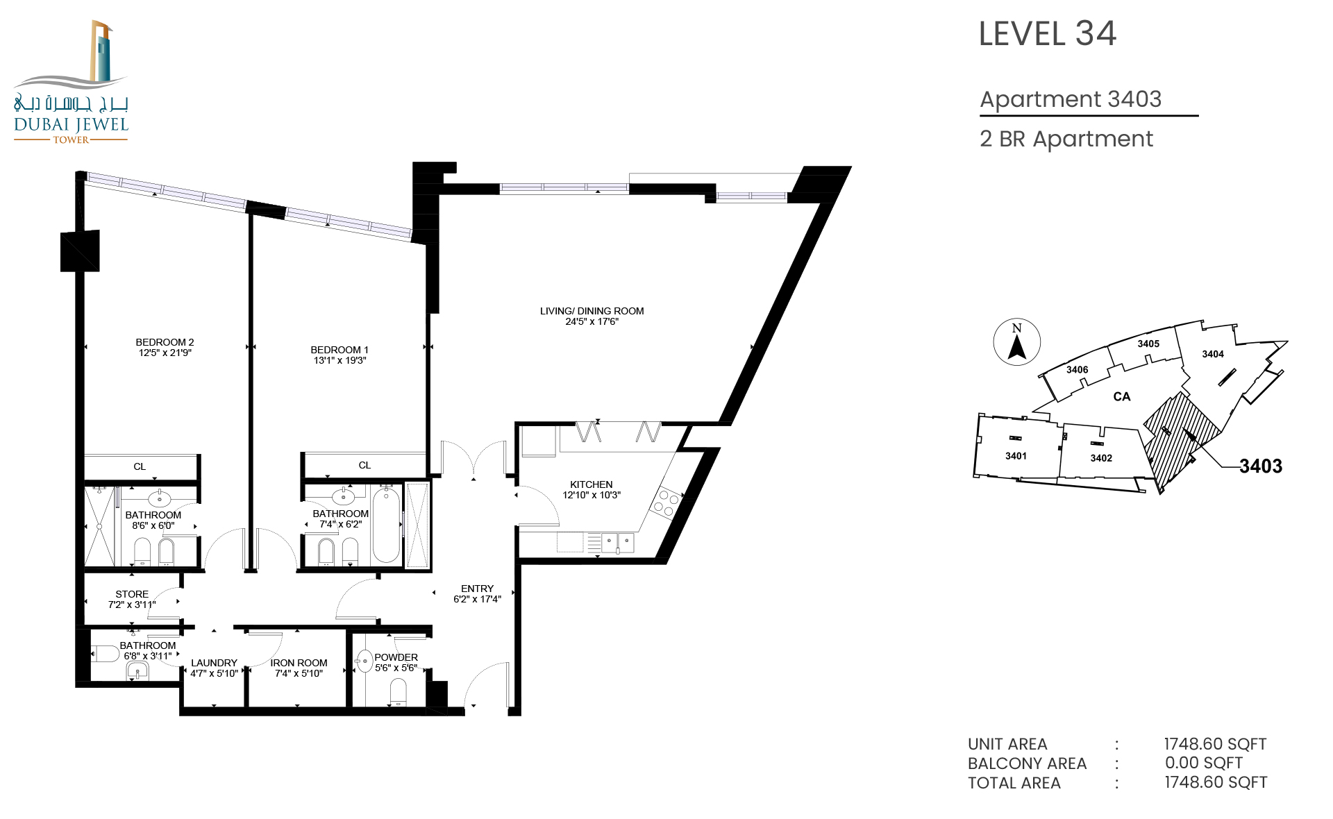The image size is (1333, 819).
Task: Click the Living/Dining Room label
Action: [x=592, y=311]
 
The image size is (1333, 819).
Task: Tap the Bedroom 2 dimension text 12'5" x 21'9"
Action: [x=165, y=353]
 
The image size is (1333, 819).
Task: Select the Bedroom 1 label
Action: [x=339, y=350]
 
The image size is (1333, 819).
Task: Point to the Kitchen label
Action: [x=591, y=484]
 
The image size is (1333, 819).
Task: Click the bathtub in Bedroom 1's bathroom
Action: [x=386, y=525]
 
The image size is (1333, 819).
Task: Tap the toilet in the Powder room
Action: [x=398, y=691]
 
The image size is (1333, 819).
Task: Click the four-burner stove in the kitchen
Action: [x=665, y=503]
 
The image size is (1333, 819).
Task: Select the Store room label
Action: [x=132, y=594]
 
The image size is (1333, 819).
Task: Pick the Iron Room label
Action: [x=299, y=663]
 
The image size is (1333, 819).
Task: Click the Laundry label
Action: [x=214, y=663]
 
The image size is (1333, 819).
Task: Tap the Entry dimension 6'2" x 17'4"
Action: [x=477, y=599]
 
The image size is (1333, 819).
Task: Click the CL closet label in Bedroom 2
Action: [x=140, y=466]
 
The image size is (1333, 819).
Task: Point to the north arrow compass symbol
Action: [x=1017, y=341]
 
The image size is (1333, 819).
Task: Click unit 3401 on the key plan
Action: [x=1016, y=456]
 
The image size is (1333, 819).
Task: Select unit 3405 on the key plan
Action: [x=1148, y=344]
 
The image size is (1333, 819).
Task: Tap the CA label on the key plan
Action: [x=1122, y=396]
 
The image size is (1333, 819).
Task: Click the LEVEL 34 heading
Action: [x=1047, y=34]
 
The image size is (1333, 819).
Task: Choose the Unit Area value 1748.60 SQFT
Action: [x=1215, y=744]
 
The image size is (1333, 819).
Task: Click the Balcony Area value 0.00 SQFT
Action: [x=1204, y=763]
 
